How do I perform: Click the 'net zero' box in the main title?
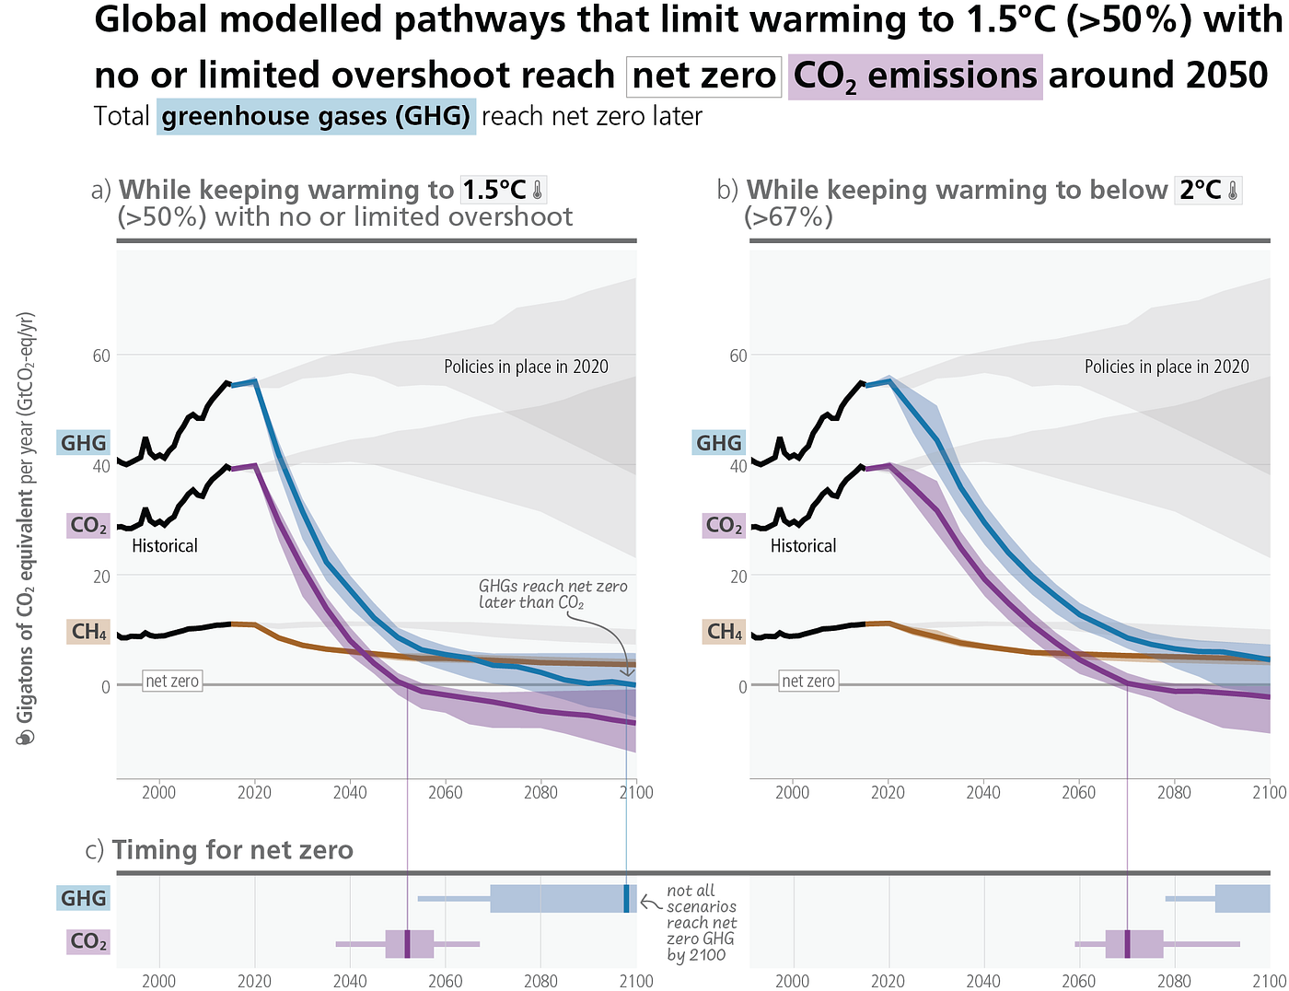[x=703, y=76]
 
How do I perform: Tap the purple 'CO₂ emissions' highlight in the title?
[x=914, y=77]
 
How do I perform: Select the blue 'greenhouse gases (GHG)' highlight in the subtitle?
[x=316, y=116]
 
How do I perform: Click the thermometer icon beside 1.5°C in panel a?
[x=538, y=190]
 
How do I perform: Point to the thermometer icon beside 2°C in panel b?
[x=1233, y=190]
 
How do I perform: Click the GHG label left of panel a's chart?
[x=83, y=443]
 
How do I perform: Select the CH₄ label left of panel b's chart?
[x=724, y=632]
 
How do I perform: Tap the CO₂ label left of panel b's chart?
[x=724, y=525]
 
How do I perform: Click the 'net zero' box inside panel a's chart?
[x=172, y=681]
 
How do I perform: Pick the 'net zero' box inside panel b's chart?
[x=807, y=681]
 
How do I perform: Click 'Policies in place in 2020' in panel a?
[x=526, y=367]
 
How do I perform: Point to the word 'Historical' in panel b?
[x=803, y=546]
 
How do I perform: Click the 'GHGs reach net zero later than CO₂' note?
[x=552, y=595]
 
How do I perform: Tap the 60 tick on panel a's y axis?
[x=101, y=356]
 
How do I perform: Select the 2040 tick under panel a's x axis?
[x=350, y=793]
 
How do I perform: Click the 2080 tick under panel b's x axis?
[x=1174, y=793]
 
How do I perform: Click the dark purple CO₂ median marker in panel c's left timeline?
[x=408, y=944]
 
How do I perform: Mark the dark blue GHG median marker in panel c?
[x=626, y=899]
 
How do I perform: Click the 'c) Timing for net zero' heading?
[x=219, y=850]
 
